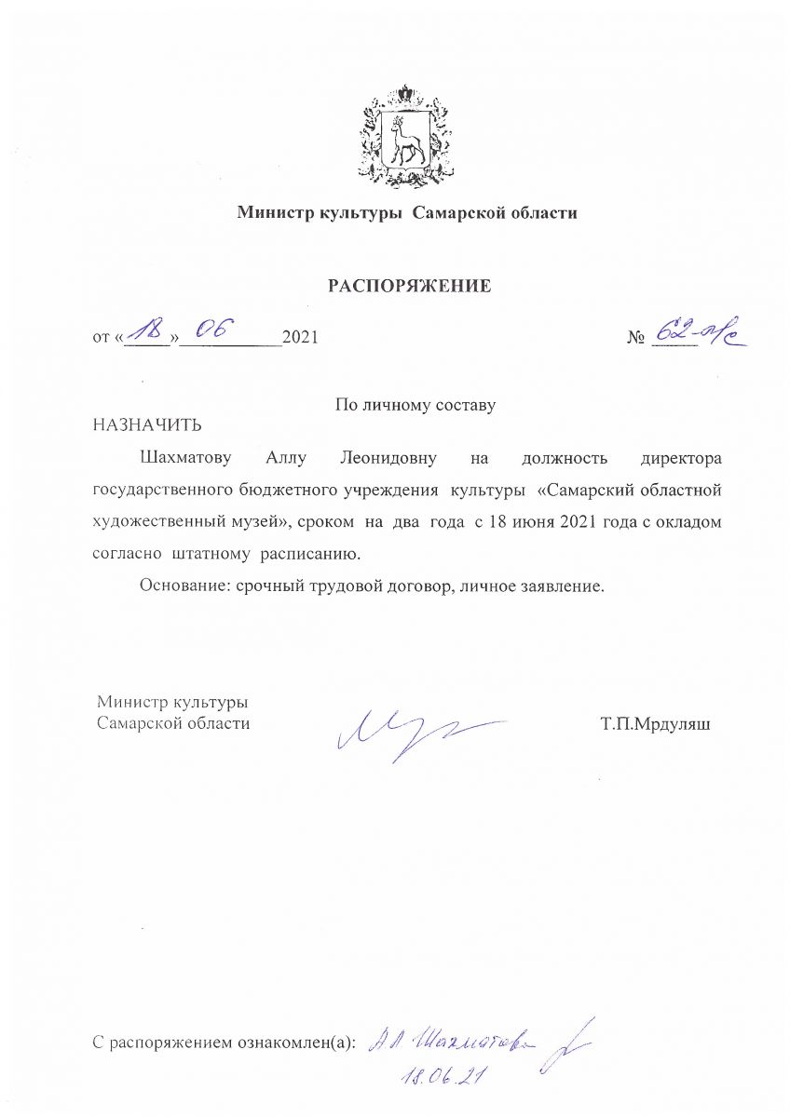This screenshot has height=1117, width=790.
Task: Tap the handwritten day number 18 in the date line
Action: click(147, 330)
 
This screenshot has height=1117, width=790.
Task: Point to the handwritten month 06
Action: click(210, 329)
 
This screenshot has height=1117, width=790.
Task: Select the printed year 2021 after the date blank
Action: click(300, 338)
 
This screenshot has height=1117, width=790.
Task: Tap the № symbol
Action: click(636, 338)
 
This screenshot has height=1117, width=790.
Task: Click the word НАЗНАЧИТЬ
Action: click(146, 425)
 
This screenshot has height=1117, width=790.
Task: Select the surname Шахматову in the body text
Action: click(185, 458)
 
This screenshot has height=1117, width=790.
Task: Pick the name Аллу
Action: click(286, 458)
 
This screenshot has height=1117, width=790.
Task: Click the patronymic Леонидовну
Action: click(387, 458)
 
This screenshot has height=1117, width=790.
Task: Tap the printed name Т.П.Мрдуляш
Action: click(656, 722)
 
